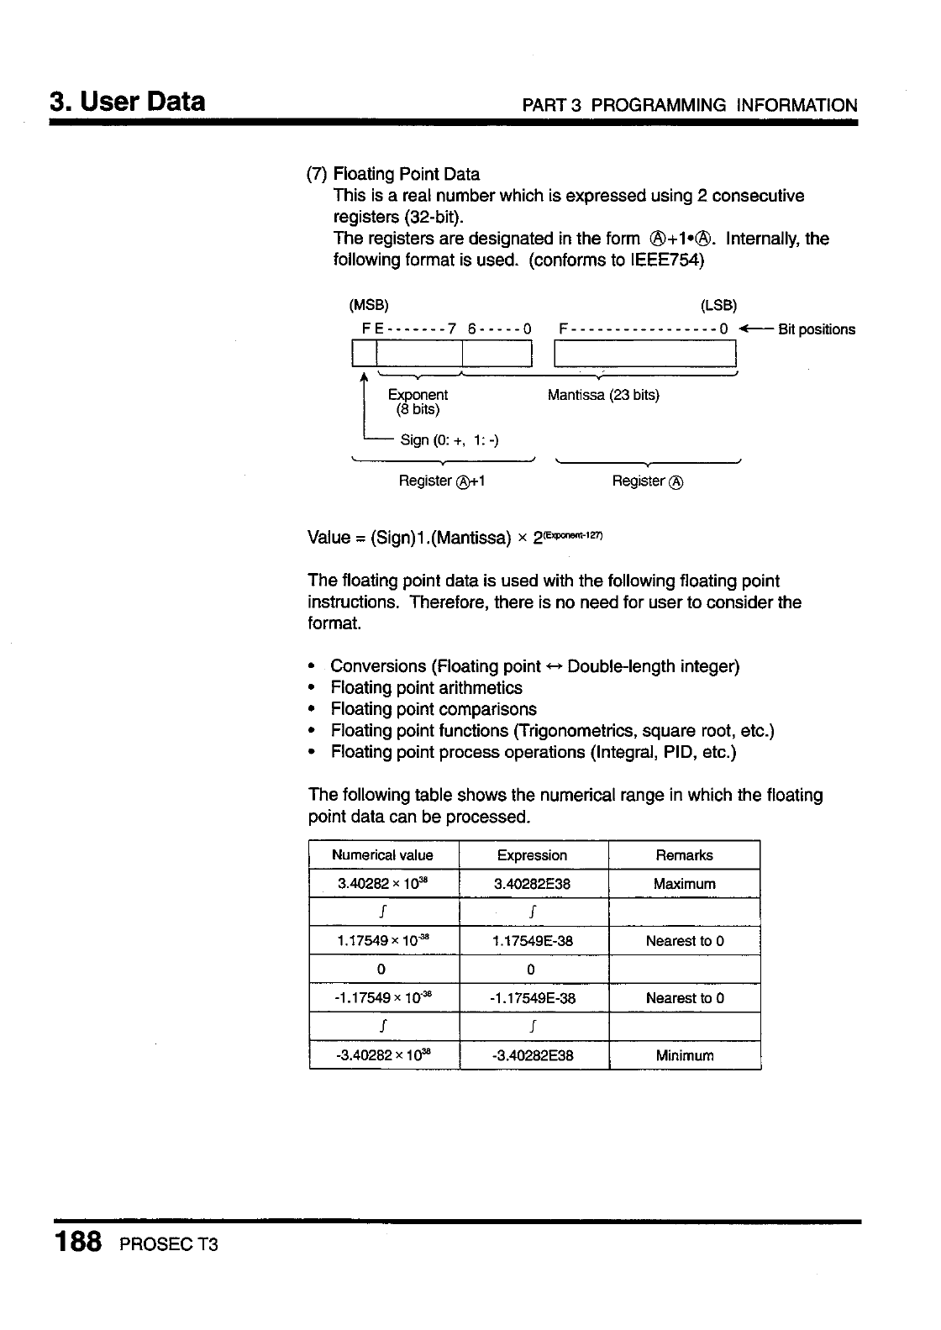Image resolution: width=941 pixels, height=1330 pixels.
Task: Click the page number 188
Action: pyautogui.click(x=78, y=1241)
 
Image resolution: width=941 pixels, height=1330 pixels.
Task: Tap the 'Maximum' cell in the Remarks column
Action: pyautogui.click(x=684, y=884)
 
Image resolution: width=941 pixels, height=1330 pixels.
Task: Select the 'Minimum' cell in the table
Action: pyautogui.click(x=684, y=1055)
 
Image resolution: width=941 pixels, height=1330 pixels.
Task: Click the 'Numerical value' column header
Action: pyautogui.click(x=382, y=855)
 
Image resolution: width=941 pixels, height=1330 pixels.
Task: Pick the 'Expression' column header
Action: pyautogui.click(x=532, y=855)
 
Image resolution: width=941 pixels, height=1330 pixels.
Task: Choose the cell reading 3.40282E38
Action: pyautogui.click(x=532, y=884)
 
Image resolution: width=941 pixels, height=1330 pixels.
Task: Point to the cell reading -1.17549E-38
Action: pyautogui.click(x=532, y=998)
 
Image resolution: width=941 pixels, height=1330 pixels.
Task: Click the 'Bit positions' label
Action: pyautogui.click(x=816, y=329)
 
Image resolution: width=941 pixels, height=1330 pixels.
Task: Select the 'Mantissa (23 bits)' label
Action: pyautogui.click(x=603, y=395)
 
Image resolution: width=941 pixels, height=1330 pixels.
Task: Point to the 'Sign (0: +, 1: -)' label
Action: pyautogui.click(x=449, y=440)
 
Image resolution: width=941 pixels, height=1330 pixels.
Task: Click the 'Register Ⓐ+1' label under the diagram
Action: pyautogui.click(x=442, y=481)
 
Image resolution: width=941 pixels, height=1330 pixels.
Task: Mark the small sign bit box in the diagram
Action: pyautogui.click(x=358, y=355)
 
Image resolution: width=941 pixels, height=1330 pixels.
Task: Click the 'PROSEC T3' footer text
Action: pyautogui.click(x=169, y=1244)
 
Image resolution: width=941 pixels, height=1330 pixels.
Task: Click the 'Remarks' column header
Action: pyautogui.click(x=684, y=855)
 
